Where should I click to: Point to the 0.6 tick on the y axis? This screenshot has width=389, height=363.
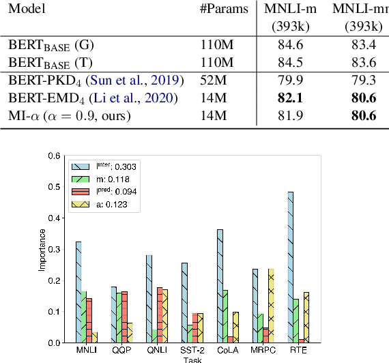[x=55, y=156]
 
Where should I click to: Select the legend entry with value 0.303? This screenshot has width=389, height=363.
[x=106, y=166]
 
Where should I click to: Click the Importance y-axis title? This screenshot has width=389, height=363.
[x=42, y=249]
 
